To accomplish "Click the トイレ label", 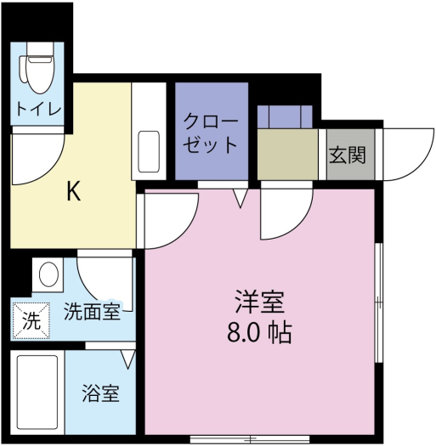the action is click(39, 109).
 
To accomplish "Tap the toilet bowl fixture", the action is click(37, 68).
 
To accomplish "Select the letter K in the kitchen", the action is click(73, 191).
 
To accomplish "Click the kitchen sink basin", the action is click(149, 151).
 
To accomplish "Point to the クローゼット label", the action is click(211, 133).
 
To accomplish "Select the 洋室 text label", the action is click(259, 302).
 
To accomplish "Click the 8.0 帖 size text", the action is click(259, 332).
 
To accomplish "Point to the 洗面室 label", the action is click(92, 311).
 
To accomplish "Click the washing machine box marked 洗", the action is click(31, 321).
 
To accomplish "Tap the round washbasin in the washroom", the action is click(48, 274).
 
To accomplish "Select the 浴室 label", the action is click(101, 393).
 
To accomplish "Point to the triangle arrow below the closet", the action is click(241, 198).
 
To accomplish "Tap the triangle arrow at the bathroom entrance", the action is click(127, 359).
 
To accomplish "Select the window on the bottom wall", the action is click(250, 439).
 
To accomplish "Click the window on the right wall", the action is click(378, 302).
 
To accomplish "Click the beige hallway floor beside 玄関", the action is click(287, 155).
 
